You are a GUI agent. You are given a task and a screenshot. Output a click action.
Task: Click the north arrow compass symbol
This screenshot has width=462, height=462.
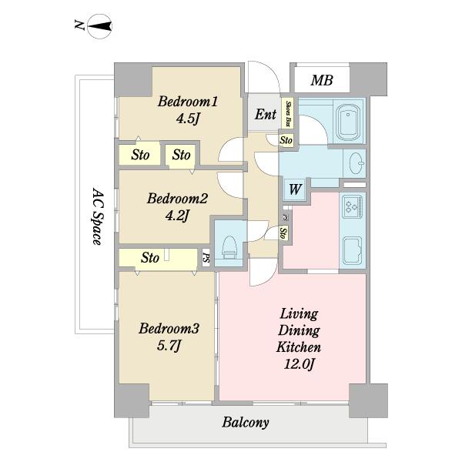[100, 26]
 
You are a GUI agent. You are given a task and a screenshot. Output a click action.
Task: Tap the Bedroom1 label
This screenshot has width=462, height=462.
[188, 102]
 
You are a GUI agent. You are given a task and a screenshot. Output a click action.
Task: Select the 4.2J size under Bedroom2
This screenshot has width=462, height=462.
[177, 216]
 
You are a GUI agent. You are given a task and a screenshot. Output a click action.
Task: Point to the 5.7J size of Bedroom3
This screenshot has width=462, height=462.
[169, 345]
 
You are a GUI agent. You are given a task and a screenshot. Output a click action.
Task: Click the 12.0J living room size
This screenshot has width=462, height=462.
[299, 364]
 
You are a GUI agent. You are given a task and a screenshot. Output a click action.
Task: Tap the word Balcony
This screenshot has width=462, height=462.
[246, 423]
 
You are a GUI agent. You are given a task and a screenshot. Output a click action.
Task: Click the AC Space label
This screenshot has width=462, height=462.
[97, 216]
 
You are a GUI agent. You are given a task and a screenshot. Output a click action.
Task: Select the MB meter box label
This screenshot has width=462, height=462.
[322, 80]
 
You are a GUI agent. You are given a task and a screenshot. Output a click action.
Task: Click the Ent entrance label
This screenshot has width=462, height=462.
[266, 114]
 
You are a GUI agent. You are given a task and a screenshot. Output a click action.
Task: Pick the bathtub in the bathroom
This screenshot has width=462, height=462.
[349, 121]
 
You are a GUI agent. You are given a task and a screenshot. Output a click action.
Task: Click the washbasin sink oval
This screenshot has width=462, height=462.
[356, 163]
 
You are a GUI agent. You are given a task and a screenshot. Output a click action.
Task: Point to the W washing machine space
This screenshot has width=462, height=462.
[295, 189]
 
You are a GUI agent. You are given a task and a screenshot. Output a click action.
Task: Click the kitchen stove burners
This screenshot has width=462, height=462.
[353, 206]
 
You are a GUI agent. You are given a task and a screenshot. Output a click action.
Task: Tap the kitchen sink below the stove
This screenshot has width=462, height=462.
[353, 250]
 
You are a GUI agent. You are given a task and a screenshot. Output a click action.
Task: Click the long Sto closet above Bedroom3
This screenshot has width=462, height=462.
[158, 258]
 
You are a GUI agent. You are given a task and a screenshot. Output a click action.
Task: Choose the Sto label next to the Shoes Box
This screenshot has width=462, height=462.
[286, 139]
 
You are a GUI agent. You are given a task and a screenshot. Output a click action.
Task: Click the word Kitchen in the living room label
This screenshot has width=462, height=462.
[299, 347]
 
